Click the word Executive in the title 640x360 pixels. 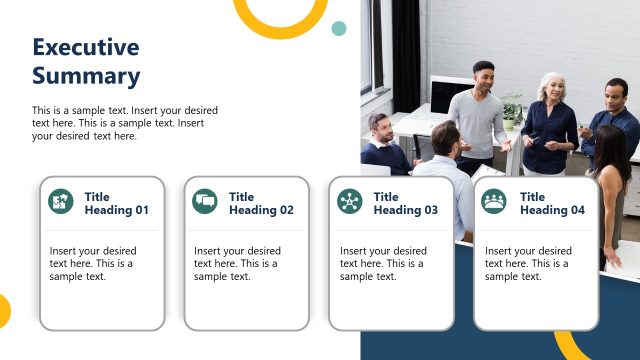click(85, 47)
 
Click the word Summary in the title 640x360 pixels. click(85, 75)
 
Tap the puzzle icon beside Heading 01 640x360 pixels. click(61, 201)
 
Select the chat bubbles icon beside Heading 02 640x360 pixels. click(205, 201)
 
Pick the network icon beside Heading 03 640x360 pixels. click(350, 201)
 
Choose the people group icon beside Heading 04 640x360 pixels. click(494, 201)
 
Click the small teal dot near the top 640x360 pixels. click(339, 28)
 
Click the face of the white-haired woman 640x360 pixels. click(551, 87)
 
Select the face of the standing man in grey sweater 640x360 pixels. click(484, 77)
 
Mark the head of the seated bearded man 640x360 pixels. click(379, 127)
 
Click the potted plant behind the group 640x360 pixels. click(513, 107)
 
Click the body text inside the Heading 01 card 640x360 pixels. click(92, 264)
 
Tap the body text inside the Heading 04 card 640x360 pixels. click(528, 264)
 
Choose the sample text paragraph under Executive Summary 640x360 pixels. click(125, 123)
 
